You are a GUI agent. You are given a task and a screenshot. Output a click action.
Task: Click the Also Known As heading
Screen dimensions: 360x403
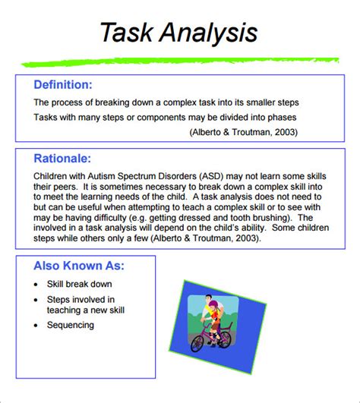[x=79, y=266]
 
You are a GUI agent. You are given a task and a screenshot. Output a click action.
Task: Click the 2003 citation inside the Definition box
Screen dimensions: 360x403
[x=284, y=132]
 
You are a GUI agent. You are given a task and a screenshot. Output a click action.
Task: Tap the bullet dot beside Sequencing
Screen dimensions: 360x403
[x=37, y=325]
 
